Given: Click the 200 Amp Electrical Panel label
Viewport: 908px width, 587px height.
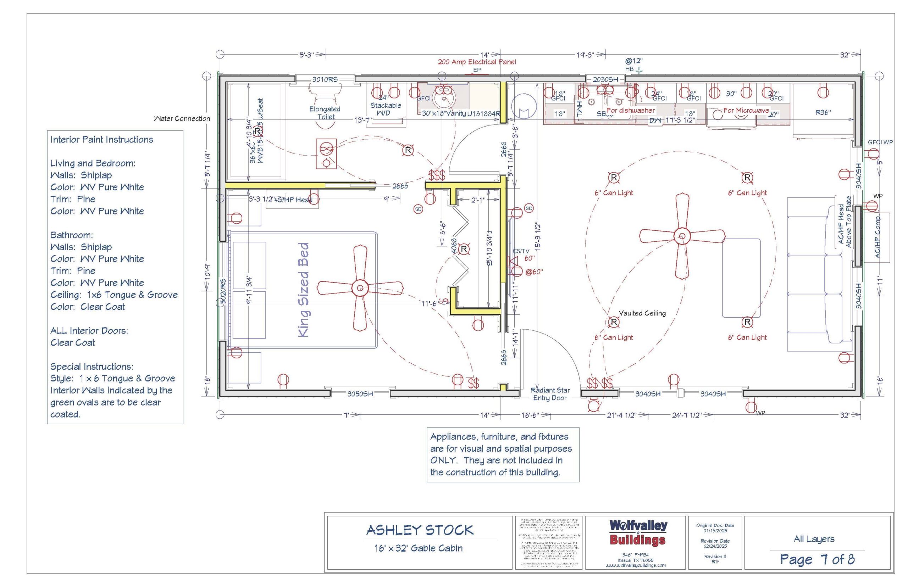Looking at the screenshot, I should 476,62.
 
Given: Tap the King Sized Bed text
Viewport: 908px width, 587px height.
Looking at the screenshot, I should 304,290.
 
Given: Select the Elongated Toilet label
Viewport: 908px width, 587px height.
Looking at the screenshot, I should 325,113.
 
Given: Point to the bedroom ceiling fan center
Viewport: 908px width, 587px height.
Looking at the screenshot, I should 360,288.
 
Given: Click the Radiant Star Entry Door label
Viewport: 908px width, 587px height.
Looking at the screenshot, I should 549,394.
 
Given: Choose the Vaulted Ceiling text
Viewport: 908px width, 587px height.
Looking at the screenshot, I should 642,313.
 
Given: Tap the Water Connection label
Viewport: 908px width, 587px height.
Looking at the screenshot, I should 182,118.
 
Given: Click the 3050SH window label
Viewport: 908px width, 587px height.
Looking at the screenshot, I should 360,394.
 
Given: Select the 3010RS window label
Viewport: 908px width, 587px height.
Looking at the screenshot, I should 325,80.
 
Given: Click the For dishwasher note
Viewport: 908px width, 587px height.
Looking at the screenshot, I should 631,110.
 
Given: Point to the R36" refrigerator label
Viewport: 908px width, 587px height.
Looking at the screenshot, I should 823,112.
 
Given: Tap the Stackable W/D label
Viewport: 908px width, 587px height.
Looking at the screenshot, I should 385,109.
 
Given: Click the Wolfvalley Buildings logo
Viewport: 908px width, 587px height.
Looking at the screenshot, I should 638,532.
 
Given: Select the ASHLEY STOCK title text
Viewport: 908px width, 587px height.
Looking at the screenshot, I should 420,530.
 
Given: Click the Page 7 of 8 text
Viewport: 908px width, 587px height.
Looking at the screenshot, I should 817,559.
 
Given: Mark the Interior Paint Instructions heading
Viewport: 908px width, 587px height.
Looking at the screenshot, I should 101,140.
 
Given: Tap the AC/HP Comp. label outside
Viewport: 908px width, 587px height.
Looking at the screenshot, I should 877,237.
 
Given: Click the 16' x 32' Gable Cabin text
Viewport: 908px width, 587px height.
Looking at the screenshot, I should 418,548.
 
